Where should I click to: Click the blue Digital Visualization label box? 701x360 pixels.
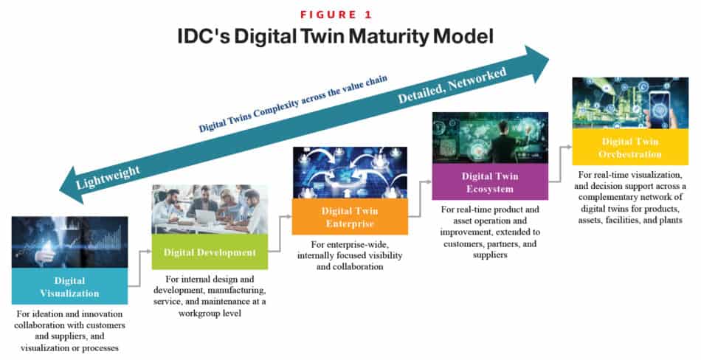[x=69, y=286]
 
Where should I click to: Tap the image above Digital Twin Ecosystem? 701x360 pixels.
[x=489, y=137]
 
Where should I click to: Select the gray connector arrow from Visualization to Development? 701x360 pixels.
[x=140, y=268]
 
